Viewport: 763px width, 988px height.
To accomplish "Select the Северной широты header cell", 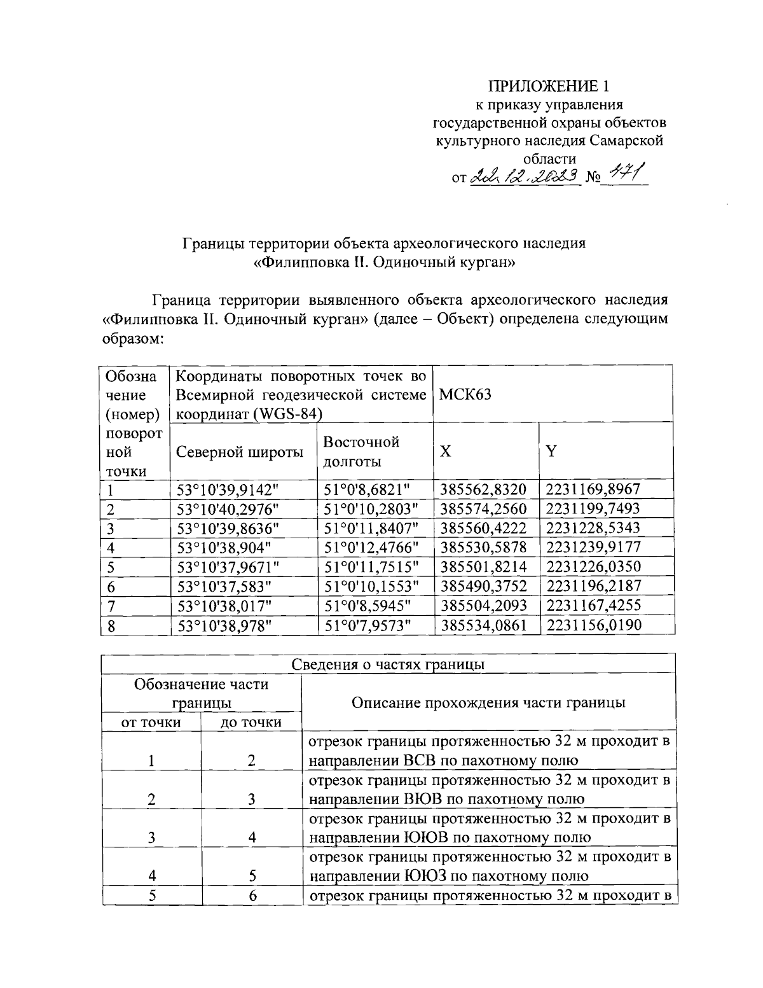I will (239, 452).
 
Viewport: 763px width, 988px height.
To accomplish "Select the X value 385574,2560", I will (484, 508).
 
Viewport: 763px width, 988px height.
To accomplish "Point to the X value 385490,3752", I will (484, 585).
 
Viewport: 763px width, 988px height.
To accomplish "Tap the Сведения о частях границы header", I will (388, 664).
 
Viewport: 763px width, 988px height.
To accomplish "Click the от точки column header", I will (151, 722).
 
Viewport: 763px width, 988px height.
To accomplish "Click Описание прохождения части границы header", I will (488, 702).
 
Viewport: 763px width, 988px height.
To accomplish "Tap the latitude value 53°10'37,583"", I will (224, 585).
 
